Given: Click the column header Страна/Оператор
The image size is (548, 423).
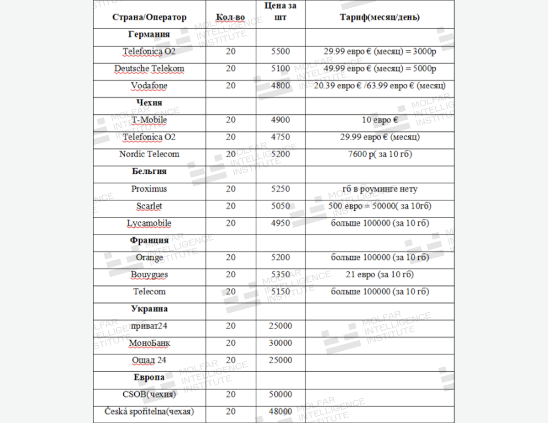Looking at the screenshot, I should pyautogui.click(x=149, y=17).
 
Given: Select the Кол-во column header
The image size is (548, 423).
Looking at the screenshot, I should pyautogui.click(x=231, y=17).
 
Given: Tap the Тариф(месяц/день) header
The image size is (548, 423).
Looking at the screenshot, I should pyautogui.click(x=380, y=17).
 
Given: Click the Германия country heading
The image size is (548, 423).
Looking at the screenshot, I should pyautogui.click(x=149, y=34).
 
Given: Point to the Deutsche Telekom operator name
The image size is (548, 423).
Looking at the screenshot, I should pyautogui.click(x=149, y=69).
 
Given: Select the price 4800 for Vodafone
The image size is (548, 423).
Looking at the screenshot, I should pyautogui.click(x=280, y=86).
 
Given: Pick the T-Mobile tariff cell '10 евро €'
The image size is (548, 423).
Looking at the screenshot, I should pyautogui.click(x=380, y=120).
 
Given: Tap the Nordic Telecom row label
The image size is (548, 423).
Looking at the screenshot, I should pyautogui.click(x=149, y=154).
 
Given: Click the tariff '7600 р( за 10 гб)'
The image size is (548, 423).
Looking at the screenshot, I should pyautogui.click(x=380, y=154).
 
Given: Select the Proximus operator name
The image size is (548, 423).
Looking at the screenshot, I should pyautogui.click(x=149, y=189).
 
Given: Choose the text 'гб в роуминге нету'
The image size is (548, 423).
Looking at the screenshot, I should pyautogui.click(x=380, y=189).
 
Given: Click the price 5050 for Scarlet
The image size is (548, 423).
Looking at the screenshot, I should pyautogui.click(x=280, y=206).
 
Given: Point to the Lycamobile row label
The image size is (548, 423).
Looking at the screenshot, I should pyautogui.click(x=149, y=224).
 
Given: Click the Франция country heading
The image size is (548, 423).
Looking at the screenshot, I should pyautogui.click(x=149, y=240).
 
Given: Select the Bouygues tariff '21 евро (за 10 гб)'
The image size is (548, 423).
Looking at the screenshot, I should pyautogui.click(x=380, y=274).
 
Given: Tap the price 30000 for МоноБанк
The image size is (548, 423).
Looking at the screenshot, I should pyautogui.click(x=280, y=343).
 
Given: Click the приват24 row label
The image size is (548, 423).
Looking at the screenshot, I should pyautogui.click(x=149, y=326).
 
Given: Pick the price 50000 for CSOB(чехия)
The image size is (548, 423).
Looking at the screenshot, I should pyautogui.click(x=280, y=394).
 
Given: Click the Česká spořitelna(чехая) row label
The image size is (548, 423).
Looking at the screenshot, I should pyautogui.click(x=149, y=412).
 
